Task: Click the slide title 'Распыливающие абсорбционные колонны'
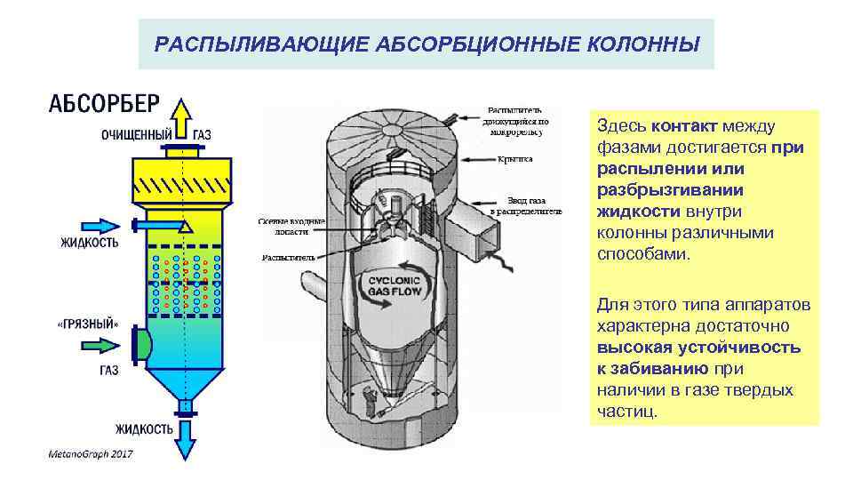click(426, 44)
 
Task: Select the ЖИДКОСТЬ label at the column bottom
click(143, 428)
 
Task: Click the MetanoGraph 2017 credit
click(90, 455)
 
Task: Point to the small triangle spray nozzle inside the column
click(184, 228)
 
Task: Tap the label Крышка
click(514, 159)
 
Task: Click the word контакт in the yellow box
click(685, 127)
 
